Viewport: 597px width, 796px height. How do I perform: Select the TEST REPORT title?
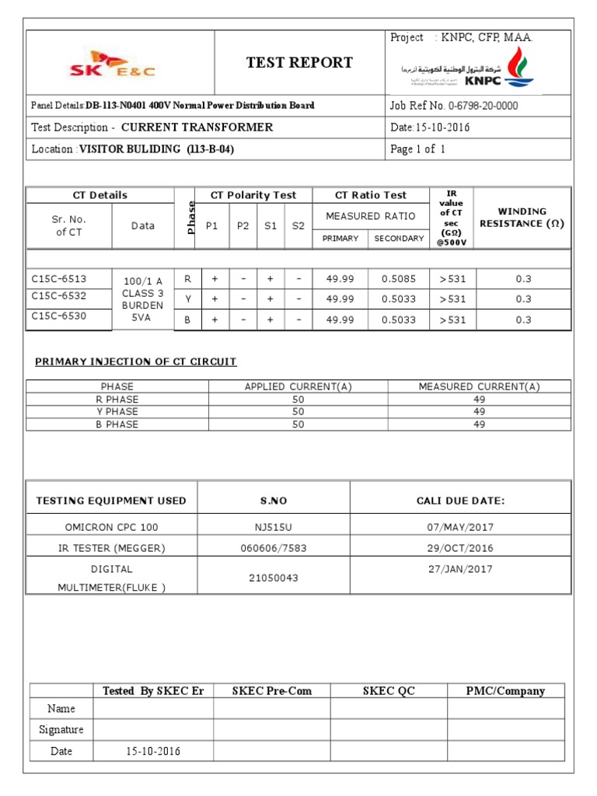(299, 63)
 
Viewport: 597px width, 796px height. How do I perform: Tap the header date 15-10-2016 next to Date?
(444, 127)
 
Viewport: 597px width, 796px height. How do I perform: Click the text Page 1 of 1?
(418, 149)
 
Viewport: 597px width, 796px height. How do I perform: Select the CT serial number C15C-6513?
(59, 278)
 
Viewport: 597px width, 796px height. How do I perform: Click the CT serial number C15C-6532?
(59, 296)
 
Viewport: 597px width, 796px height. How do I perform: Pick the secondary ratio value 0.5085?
(399, 278)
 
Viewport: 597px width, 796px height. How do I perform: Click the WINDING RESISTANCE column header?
(522, 218)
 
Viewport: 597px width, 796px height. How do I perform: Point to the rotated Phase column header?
(184, 217)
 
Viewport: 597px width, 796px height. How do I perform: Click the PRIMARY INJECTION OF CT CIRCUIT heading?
(136, 361)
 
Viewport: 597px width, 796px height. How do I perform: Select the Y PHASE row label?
(117, 411)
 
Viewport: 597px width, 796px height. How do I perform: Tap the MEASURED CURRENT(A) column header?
(479, 386)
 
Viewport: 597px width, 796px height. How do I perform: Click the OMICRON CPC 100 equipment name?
(111, 527)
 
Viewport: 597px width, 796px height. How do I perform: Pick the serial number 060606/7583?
(274, 548)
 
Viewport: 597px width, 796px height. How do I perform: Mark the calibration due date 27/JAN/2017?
(460, 569)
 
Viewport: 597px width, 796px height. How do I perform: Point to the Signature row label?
(61, 730)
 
